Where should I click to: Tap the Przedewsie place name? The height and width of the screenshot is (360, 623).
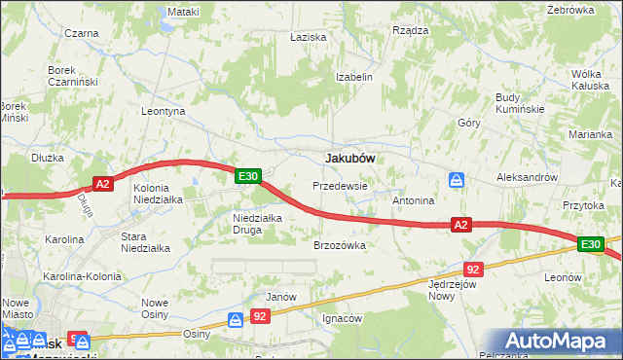(x=340, y=185)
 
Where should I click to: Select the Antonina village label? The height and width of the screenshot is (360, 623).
(x=413, y=200)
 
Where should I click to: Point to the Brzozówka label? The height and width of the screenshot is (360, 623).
(x=339, y=246)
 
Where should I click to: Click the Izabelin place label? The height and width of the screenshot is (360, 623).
(x=354, y=76)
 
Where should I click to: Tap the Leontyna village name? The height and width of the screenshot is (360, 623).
(x=163, y=111)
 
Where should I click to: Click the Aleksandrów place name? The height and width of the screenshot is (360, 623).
(x=527, y=178)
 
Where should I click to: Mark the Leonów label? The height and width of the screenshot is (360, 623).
(x=563, y=277)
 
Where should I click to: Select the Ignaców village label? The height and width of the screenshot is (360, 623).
(x=343, y=318)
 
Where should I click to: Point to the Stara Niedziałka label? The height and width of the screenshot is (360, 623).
(x=145, y=241)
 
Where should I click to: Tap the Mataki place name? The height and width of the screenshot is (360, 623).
(x=182, y=12)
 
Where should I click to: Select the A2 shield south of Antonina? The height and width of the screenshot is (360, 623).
(x=461, y=226)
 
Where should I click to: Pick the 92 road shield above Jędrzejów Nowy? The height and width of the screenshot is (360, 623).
(x=473, y=269)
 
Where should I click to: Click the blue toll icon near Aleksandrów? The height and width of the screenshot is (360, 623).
(x=457, y=179)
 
